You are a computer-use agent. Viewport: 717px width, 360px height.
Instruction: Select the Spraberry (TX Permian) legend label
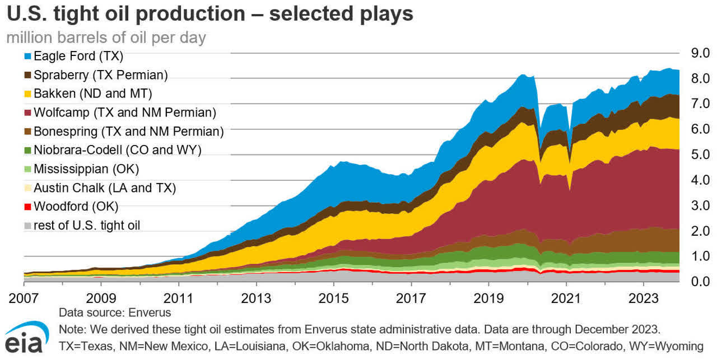101,74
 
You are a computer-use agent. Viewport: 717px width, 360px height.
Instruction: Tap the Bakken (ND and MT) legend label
93,93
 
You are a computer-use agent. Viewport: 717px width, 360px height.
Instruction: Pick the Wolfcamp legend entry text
124,113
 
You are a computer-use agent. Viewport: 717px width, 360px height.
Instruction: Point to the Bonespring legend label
128,132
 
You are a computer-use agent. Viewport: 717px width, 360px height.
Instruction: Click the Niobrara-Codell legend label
117,150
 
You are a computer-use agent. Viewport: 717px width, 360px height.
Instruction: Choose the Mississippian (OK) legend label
86,169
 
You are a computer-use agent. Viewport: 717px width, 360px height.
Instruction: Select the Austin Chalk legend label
104,188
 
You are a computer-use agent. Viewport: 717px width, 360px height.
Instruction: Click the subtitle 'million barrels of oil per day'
106,38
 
